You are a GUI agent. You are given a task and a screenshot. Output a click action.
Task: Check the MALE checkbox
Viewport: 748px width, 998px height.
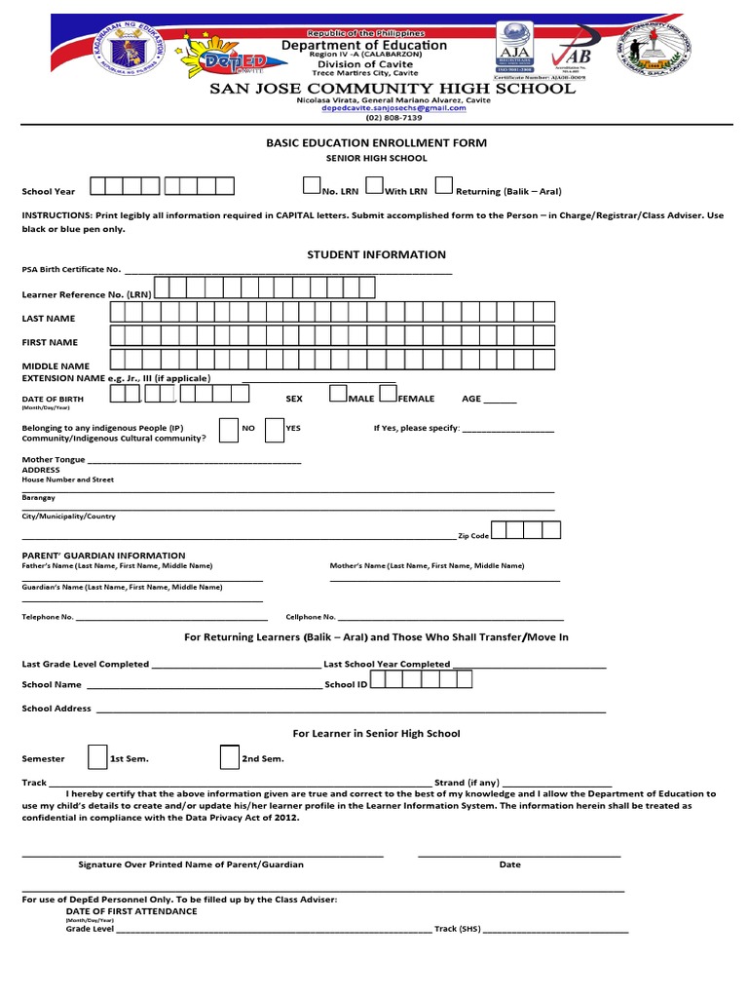[338, 393]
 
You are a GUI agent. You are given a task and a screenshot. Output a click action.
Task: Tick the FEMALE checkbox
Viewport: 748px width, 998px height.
[388, 393]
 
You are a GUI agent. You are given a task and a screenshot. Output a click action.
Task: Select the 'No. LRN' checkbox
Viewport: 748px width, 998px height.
[312, 185]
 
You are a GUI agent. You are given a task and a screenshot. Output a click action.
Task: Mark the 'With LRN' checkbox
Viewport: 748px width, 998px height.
[375, 185]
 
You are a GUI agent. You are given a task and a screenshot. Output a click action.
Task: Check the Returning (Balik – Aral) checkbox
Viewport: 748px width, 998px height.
[443, 185]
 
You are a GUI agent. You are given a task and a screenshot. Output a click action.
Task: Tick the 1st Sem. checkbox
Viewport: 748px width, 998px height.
[97, 756]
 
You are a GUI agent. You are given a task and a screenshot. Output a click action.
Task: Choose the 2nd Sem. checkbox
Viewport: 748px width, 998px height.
[229, 756]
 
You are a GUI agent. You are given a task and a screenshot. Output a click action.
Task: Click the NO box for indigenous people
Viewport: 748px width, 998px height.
[229, 431]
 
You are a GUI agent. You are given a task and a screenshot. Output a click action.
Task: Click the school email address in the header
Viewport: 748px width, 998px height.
[394, 108]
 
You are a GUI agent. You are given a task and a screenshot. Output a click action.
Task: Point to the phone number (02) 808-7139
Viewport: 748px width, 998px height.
[394, 118]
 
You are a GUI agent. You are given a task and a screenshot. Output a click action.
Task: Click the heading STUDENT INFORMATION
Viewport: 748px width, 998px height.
[376, 254]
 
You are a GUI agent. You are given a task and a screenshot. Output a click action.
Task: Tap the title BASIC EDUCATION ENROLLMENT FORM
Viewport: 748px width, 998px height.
[376, 142]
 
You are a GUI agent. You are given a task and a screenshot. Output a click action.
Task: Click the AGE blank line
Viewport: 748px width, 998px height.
[501, 400]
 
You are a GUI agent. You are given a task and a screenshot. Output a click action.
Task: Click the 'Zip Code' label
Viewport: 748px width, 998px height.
[473, 536]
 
